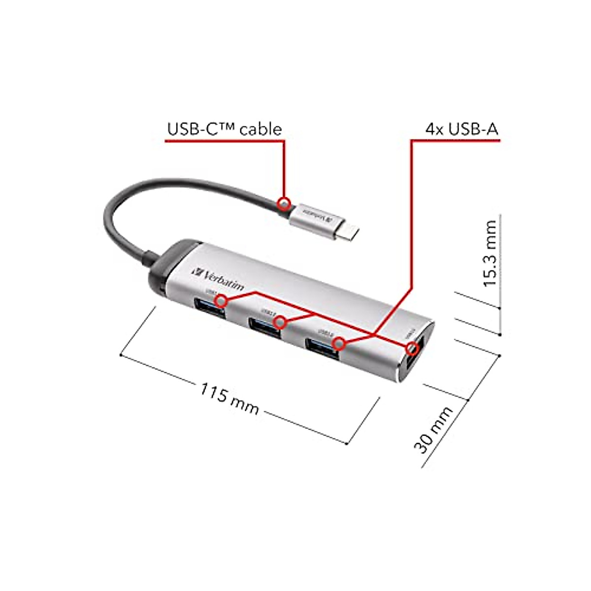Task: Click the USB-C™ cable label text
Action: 225,129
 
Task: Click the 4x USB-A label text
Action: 461,129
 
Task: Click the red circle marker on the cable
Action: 284,203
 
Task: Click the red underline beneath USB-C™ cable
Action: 224,141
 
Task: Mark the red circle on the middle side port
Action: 280,323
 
